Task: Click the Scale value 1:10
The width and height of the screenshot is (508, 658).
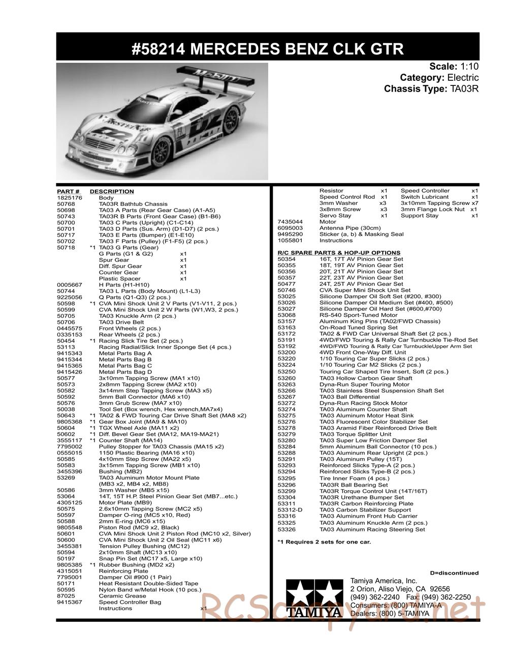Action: tap(469, 67)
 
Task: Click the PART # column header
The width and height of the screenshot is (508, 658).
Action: tap(68, 192)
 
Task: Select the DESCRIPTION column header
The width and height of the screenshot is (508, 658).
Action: tap(112, 192)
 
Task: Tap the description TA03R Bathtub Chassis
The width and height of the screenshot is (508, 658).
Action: tap(133, 204)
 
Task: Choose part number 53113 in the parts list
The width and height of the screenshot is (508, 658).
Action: tap(66, 347)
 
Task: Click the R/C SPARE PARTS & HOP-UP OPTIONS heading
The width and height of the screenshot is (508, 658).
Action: tap(339, 253)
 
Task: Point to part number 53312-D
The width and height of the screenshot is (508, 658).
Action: tap(290, 510)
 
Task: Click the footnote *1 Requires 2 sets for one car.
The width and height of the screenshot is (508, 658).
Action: tap(324, 542)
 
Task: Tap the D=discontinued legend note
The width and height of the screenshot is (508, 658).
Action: tap(454, 573)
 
